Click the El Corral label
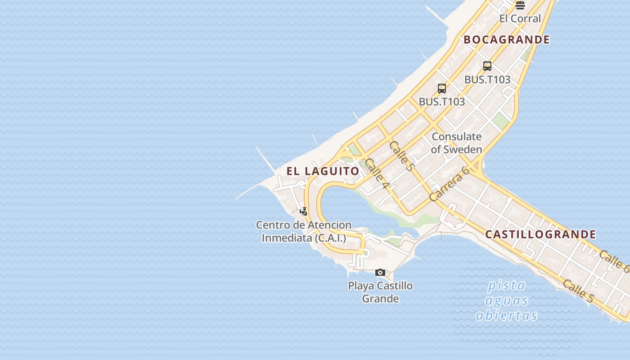pyautogui.click(x=520, y=18)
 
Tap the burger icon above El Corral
pyautogui.click(x=520, y=5)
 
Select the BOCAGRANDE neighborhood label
pyautogui.click(x=507, y=40)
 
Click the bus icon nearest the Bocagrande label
pyautogui.click(x=487, y=66)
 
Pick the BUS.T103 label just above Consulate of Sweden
pyautogui.click(x=441, y=102)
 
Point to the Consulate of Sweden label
pyautogui.click(x=456, y=143)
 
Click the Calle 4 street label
pyautogui.click(x=377, y=173)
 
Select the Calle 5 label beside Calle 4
pyautogui.click(x=401, y=156)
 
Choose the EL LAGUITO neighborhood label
pyautogui.click(x=323, y=171)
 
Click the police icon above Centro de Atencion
pyautogui.click(x=304, y=211)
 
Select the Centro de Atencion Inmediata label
pyautogui.click(x=304, y=231)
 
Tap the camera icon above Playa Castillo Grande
pyautogui.click(x=380, y=272)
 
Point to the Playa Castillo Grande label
pyautogui.click(x=380, y=292)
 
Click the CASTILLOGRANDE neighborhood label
pyautogui.click(x=540, y=234)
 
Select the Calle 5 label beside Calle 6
pyautogui.click(x=578, y=291)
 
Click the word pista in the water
pyautogui.click(x=507, y=285)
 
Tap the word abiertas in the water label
pyautogui.click(x=507, y=315)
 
